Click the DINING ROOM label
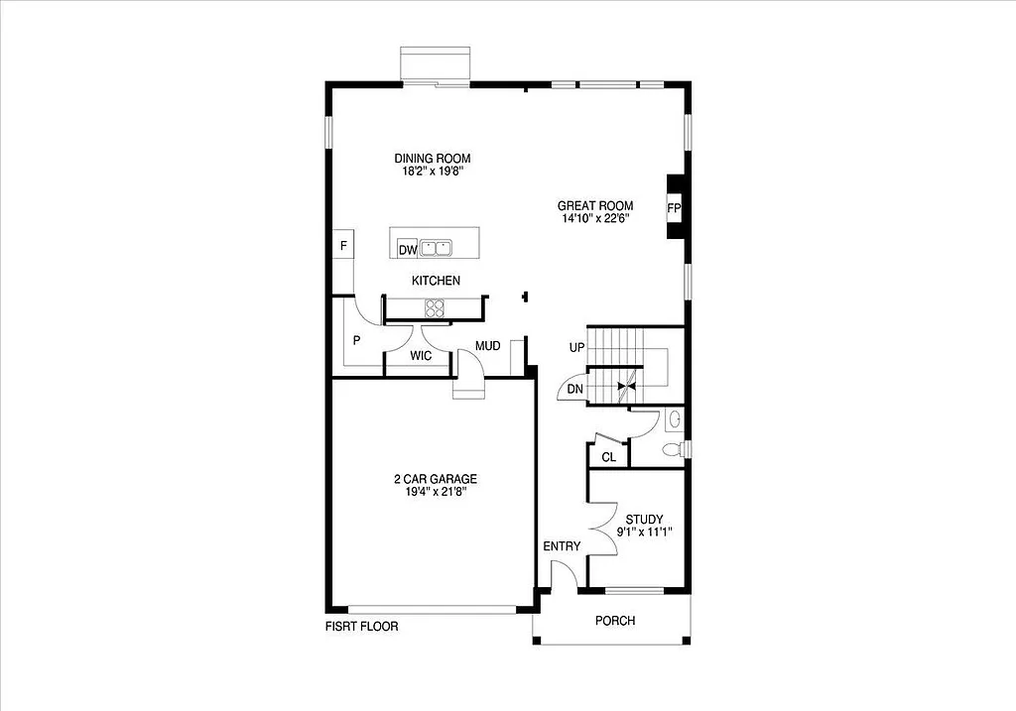432,159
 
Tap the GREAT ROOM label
594,206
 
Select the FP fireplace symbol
674,208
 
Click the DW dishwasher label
407,250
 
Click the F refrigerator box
343,245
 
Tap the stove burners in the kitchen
436,306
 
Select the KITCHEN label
436,281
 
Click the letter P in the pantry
355,340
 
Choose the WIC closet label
421,356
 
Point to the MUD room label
487,346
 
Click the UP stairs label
576,349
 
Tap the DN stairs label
575,390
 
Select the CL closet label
608,457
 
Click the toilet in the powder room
673,450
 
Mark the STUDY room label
644,519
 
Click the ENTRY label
562,546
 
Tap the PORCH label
614,621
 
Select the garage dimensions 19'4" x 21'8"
428,491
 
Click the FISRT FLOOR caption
361,627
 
